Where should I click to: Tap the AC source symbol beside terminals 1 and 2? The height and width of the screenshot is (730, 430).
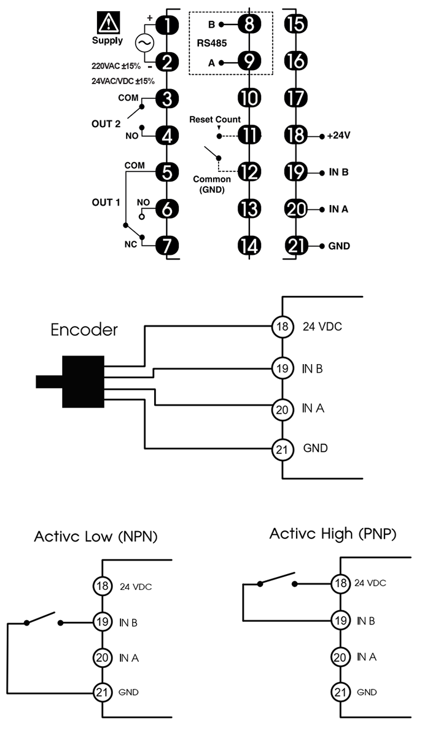point(144,43)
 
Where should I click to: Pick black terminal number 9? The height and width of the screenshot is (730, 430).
point(249,61)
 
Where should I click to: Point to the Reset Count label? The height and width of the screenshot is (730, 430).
point(215,119)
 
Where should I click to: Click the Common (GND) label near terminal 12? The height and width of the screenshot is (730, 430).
point(213,184)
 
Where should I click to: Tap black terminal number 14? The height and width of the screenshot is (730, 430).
point(249,246)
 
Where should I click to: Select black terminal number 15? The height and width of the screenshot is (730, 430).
point(297,25)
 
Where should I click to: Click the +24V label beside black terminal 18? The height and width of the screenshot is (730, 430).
point(335,135)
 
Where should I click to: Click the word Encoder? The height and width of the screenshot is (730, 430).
point(84,330)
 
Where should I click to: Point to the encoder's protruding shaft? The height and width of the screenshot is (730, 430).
point(49,382)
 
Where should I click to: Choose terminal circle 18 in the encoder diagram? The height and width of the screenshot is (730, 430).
point(281,327)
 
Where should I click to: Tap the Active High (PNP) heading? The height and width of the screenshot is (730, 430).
point(332,534)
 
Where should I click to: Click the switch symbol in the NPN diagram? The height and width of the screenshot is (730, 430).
point(43,619)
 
